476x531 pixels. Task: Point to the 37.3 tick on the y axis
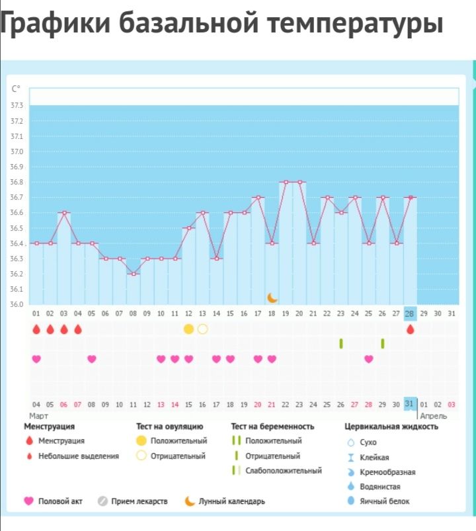pos(17,106)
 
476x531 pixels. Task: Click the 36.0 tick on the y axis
pos(17,304)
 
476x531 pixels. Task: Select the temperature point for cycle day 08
pos(133,274)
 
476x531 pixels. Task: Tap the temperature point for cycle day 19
pos(286,182)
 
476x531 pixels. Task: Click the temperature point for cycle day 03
pos(64,212)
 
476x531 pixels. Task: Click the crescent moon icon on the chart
pos(272,298)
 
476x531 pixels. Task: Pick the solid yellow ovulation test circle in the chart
pos(188,329)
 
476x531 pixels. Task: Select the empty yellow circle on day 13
pos(202,329)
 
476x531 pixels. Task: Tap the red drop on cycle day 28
pos(411,329)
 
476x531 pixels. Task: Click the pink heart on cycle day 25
pos(369,359)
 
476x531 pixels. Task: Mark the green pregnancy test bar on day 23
pos(341,343)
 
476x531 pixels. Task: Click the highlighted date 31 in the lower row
pos(410,404)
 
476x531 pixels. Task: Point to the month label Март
pos(39,416)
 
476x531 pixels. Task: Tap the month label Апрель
pos(434,416)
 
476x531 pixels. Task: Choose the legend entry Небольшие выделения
pos(79,456)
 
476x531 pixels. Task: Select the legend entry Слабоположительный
pos(284,471)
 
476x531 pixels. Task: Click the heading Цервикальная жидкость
pos(391,427)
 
